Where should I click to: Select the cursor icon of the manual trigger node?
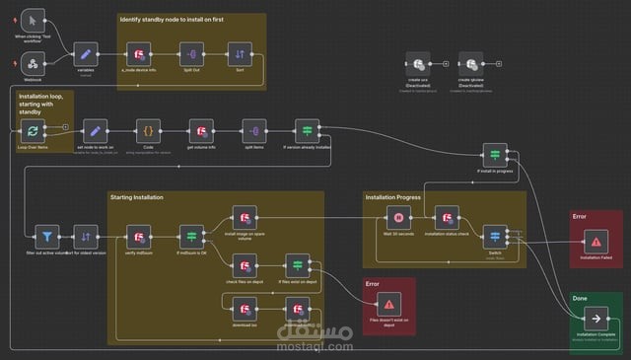(33, 20)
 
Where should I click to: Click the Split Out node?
(192, 54)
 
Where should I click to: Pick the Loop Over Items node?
(33, 131)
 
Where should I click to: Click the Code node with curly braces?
(148, 131)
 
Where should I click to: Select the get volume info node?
(202, 131)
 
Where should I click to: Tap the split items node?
(255, 131)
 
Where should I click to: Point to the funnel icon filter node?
(46, 237)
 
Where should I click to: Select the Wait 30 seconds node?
(398, 218)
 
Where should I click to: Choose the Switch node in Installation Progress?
(494, 237)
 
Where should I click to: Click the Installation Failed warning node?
(596, 241)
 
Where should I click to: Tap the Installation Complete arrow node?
(596, 319)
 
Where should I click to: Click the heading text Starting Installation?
(136, 197)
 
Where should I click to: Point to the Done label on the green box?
(580, 298)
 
